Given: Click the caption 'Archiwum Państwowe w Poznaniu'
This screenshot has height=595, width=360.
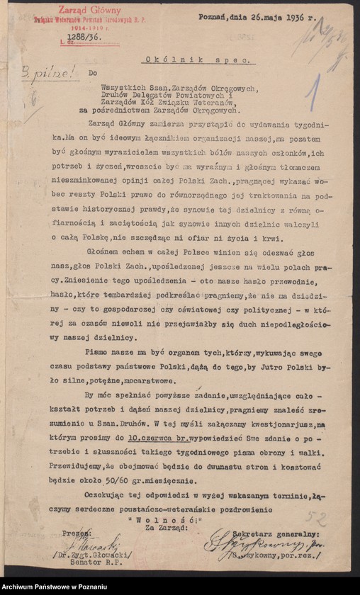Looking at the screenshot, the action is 56,586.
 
